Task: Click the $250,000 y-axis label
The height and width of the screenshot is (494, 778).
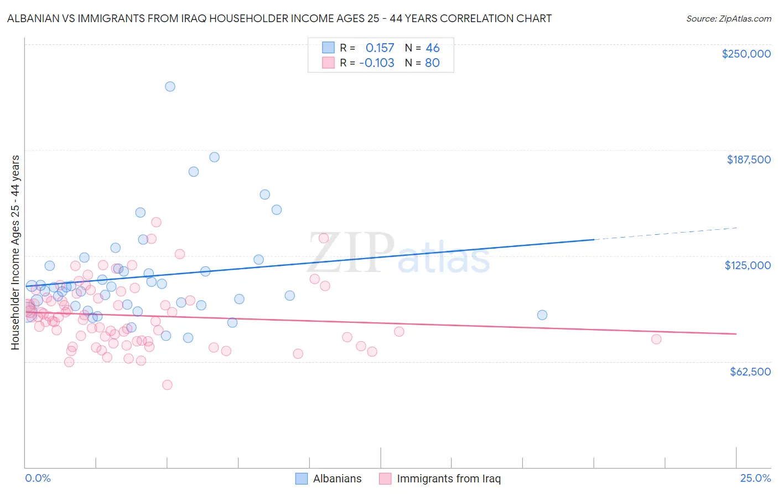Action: tap(746, 54)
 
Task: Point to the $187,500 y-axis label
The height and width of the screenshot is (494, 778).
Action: tap(748, 159)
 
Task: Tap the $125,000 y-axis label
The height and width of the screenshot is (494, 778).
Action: tap(748, 265)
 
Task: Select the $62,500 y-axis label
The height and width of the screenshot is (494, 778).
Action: tap(750, 372)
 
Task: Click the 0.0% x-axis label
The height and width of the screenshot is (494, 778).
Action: tap(38, 478)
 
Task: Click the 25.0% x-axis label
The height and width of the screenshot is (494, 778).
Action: tap(755, 478)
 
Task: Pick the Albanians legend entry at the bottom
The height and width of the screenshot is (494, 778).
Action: tap(337, 478)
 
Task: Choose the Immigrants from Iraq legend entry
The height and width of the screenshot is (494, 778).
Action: tap(448, 478)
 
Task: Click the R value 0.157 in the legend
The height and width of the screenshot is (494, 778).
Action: tap(380, 48)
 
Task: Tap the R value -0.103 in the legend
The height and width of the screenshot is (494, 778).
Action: tap(377, 63)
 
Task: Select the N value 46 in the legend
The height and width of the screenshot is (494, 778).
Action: tap(432, 48)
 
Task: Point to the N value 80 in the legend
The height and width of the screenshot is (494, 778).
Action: tap(432, 63)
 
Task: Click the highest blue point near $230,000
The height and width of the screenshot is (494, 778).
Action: tap(170, 86)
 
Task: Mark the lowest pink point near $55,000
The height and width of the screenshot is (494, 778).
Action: tap(167, 385)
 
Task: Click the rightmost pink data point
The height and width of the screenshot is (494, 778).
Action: tap(656, 339)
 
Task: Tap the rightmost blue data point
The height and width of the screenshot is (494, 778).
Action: tap(542, 315)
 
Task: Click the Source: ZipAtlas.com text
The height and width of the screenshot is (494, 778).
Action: tap(728, 19)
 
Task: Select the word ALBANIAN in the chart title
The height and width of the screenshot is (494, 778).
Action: tap(34, 19)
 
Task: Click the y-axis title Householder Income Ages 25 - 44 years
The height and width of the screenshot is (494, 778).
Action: tap(15, 252)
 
